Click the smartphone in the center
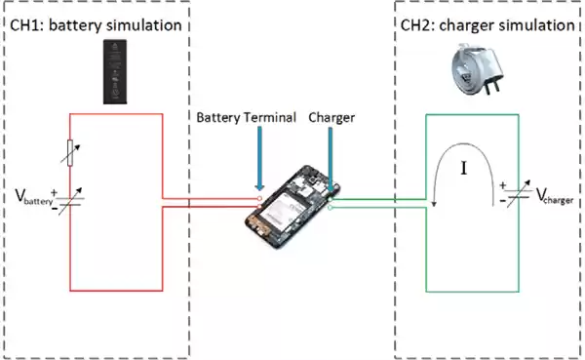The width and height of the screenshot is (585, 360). (292, 204)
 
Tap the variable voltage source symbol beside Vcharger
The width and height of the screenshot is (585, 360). (520, 191)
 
